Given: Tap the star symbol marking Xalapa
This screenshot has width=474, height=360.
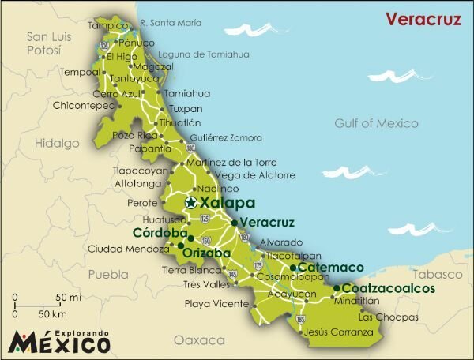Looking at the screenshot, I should click(x=190, y=203).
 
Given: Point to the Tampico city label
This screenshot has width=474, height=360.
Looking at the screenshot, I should click(x=107, y=25).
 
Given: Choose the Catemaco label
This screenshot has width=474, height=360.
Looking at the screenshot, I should click(x=320, y=268).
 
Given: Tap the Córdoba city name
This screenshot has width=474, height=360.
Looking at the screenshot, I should click(x=160, y=234).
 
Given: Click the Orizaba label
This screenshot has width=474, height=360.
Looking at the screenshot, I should click(x=206, y=253).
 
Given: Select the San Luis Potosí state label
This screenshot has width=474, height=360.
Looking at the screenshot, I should click(x=45, y=44).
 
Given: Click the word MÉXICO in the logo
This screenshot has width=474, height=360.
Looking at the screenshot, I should click(x=59, y=342).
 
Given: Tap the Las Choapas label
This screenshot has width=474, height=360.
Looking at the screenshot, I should click(x=388, y=317).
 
